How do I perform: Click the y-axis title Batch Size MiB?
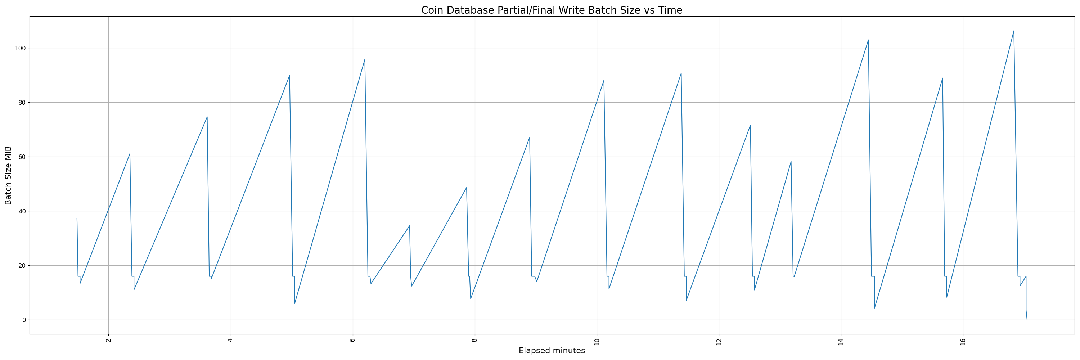(x=8, y=175)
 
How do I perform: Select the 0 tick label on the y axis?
(x=24, y=320)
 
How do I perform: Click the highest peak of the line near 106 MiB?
(x=1014, y=31)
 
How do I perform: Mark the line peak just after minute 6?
(x=365, y=59)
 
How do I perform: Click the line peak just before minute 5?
(x=290, y=76)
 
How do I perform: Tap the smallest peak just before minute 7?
(x=410, y=225)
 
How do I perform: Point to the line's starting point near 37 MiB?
(x=77, y=219)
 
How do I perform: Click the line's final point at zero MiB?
(x=1027, y=320)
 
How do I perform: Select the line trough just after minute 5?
(x=295, y=303)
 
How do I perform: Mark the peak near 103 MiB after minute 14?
(x=868, y=40)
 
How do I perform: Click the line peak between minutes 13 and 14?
(x=791, y=161)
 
